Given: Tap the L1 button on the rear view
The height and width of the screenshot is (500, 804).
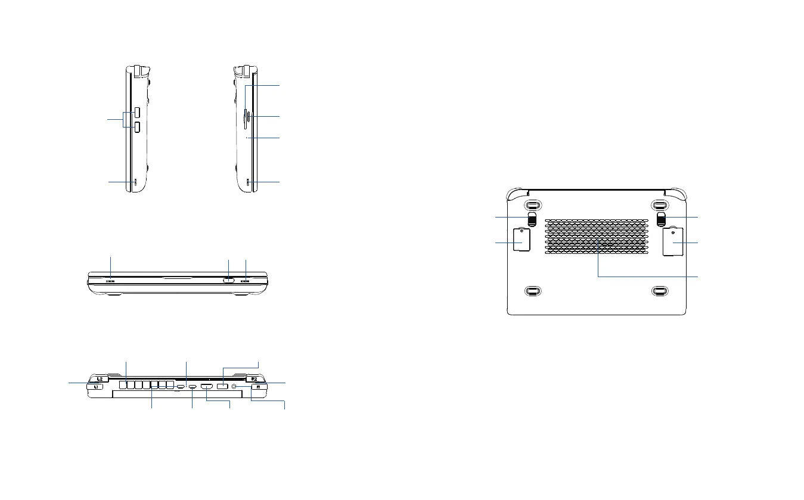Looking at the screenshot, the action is pyautogui.click(x=96, y=387).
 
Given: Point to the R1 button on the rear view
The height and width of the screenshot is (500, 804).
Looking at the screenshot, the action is pyautogui.click(x=259, y=387).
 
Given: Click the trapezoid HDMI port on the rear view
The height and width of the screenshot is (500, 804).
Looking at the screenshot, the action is pyautogui.click(x=207, y=387).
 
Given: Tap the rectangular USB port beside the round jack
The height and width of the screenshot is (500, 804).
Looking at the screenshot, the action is pyautogui.click(x=222, y=387).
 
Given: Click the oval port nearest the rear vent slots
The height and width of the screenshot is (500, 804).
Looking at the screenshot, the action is pyautogui.click(x=179, y=387).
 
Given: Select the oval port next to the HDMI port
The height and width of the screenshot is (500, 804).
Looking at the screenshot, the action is pyautogui.click(x=193, y=387).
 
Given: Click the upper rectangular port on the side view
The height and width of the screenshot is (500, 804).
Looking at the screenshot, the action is pyautogui.click(x=136, y=112).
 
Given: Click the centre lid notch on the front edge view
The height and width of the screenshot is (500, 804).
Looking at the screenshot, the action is pyautogui.click(x=177, y=277).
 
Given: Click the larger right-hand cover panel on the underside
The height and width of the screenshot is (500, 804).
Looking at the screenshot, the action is pyautogui.click(x=675, y=241).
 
